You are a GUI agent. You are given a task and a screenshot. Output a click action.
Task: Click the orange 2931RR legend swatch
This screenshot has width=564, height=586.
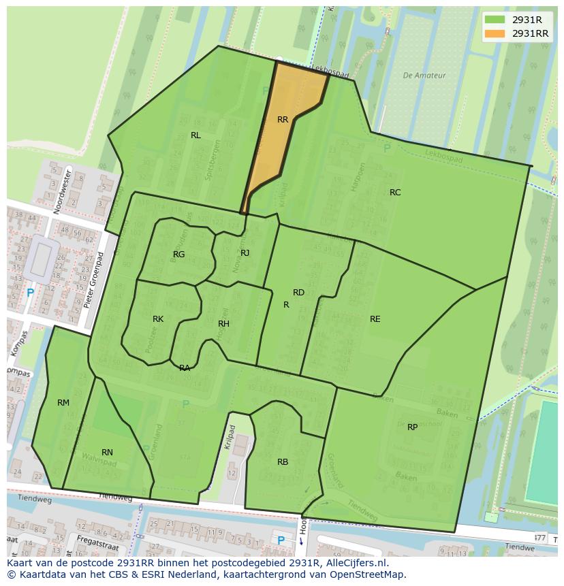point(495,33)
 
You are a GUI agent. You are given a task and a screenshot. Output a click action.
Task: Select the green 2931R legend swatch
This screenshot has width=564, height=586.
point(495,20)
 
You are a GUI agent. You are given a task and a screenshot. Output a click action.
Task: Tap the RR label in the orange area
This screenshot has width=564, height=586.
point(283,120)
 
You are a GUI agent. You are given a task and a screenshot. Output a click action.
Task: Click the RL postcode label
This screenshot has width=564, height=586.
point(195,135)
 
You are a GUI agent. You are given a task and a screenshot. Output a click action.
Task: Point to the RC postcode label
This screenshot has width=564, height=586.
point(395,193)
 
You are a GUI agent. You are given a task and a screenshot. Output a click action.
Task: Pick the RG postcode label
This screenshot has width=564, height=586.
point(178,255)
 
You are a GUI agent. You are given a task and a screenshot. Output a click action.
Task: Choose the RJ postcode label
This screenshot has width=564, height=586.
point(245,253)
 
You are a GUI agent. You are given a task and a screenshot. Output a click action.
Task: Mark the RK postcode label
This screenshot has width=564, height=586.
point(158,319)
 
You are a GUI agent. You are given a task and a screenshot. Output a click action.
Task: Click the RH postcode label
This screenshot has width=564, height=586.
point(223,324)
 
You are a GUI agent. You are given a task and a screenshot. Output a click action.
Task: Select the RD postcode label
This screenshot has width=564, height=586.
point(298,293)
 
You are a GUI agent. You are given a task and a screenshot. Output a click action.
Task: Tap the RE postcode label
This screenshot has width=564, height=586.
point(375,319)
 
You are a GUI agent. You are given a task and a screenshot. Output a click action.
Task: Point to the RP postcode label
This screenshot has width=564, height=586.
point(412,427)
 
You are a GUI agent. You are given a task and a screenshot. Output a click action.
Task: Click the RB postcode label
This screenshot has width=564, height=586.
point(283,462)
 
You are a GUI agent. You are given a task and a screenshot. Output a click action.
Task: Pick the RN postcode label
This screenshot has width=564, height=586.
point(107,453)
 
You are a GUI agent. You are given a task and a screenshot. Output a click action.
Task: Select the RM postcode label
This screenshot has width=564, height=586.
point(63,403)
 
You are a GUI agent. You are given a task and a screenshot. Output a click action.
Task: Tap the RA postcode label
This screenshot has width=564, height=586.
point(185,368)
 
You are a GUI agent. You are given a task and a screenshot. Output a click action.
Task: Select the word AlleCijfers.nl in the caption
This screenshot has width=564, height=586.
point(355,563)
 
